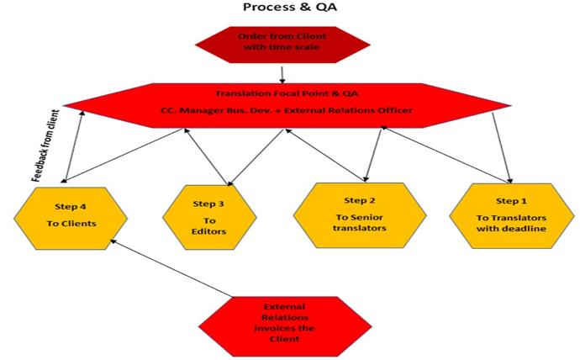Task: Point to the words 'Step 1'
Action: coord(511,202)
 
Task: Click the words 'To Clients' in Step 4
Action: coord(71,224)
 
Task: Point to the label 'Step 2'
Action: coord(358,200)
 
